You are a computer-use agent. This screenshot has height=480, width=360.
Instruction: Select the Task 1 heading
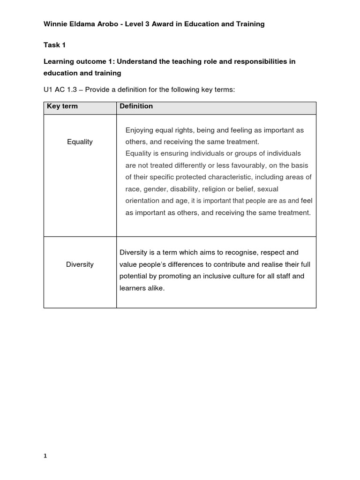[x=52, y=45]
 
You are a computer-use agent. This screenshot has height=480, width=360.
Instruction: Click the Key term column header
[x=62, y=106]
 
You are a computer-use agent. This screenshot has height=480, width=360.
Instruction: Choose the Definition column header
[x=136, y=106]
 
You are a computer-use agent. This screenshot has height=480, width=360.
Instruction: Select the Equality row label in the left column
[x=80, y=142]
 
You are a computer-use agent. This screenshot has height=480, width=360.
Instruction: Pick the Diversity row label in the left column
[x=80, y=264]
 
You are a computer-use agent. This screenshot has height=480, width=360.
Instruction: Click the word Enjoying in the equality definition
[x=140, y=130]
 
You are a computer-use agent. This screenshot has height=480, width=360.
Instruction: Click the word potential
[x=134, y=276]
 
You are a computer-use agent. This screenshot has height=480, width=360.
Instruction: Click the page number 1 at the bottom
[x=45, y=456]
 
